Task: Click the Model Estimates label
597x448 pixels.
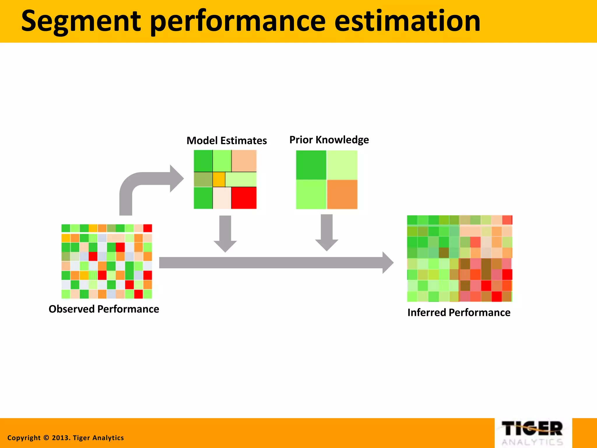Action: (x=226, y=141)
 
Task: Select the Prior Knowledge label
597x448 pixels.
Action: (x=329, y=140)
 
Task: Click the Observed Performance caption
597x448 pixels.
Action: (x=104, y=309)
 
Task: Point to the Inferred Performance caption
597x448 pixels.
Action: (x=459, y=312)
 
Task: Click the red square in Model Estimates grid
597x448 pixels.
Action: (x=244, y=198)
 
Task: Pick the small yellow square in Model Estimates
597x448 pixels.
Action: (x=219, y=179)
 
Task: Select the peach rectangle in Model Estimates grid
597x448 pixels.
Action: (x=244, y=161)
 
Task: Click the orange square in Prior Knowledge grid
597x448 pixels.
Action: (x=342, y=194)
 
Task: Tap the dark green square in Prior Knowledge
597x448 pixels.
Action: (x=311, y=165)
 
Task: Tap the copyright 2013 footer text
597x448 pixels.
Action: (x=66, y=438)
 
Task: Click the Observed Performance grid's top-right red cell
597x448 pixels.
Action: (x=148, y=228)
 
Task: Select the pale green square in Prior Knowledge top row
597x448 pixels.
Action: (x=342, y=165)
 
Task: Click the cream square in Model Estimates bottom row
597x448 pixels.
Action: (x=222, y=198)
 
